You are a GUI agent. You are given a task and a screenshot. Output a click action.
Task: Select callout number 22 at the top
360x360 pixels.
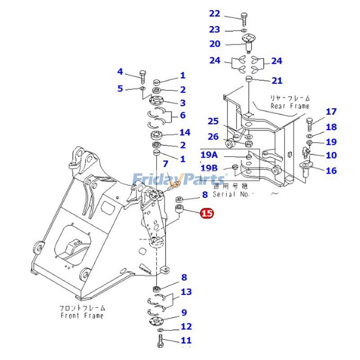point(215,14)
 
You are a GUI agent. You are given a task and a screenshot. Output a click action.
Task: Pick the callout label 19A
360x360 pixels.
point(209,155)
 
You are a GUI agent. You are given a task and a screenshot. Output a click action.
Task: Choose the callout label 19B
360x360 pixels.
point(209,168)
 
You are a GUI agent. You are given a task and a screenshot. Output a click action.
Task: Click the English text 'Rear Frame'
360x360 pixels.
point(290,106)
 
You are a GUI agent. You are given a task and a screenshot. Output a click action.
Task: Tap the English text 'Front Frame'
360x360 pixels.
point(82,315)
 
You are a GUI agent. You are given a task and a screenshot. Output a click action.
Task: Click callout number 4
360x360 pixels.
point(120,72)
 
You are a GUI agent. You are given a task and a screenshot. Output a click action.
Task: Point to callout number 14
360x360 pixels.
point(184,132)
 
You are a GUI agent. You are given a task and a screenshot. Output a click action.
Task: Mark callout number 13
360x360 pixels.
point(186,292)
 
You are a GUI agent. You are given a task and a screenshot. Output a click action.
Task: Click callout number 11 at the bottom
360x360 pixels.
point(186,340)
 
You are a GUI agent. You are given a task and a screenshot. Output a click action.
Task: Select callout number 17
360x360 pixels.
point(331,112)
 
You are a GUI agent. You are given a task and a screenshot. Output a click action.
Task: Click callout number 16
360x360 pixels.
point(331,171)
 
